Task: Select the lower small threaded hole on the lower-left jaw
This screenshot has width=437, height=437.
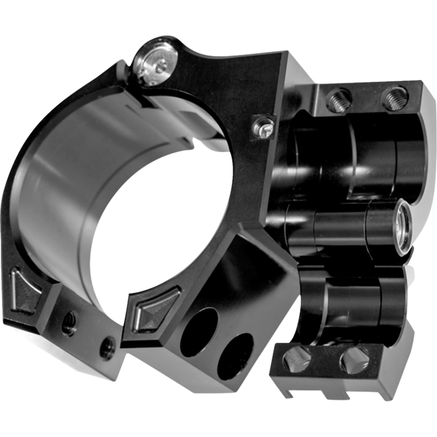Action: (x=108, y=345)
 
